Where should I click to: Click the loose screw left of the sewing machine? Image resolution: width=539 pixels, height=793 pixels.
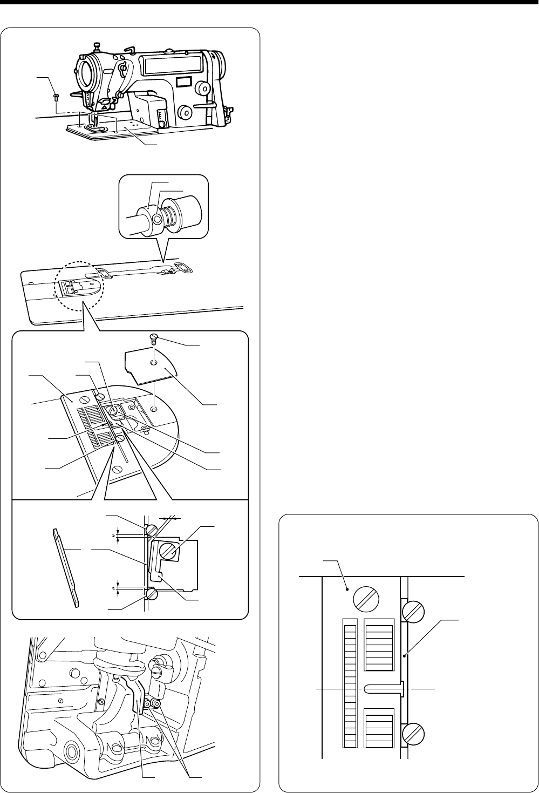pos(56,98)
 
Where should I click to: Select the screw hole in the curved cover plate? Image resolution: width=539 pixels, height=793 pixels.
pos(154,362)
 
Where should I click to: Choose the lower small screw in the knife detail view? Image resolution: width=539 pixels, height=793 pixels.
pos(151,594)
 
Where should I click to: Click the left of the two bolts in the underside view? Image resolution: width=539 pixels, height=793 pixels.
pos(148,703)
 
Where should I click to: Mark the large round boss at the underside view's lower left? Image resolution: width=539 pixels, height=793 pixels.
pos(70,748)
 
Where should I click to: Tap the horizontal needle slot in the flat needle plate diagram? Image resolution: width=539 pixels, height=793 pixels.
pos(384,689)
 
